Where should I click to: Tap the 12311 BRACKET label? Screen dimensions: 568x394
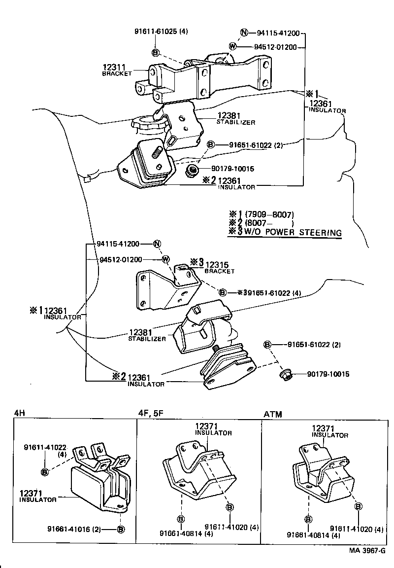coord(117,70)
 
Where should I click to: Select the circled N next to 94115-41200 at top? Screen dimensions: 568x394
coord(244,34)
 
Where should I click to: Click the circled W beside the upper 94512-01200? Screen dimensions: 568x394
coord(233,46)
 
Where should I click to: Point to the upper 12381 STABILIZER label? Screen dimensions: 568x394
coord(235,118)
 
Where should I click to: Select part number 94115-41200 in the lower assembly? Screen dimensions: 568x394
coord(118,244)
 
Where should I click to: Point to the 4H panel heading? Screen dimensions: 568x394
coord(20,413)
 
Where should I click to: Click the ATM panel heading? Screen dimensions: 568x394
coord(273,414)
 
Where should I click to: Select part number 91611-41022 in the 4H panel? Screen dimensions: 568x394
coord(45,447)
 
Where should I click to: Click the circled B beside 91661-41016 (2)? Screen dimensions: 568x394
coord(121,530)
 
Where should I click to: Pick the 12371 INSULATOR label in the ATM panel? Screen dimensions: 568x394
coord(329,432)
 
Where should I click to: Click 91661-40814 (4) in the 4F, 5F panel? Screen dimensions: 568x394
coord(179,533)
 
